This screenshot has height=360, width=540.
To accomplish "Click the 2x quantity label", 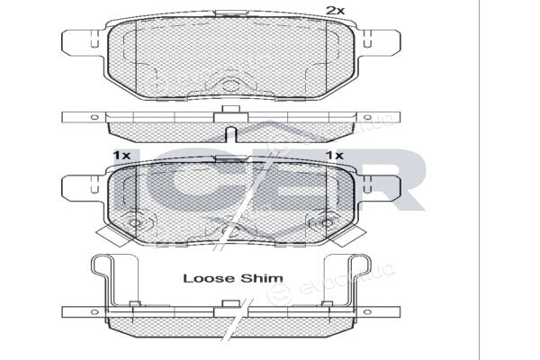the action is click(x=335, y=11).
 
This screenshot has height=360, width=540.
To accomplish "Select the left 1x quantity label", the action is click(x=121, y=156).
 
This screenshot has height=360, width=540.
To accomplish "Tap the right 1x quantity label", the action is click(x=335, y=156).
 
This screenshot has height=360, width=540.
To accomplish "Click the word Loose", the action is click(x=210, y=278).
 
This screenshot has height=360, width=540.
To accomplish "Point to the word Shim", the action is click(x=262, y=278).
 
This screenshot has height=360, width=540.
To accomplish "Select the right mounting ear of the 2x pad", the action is click(x=380, y=42).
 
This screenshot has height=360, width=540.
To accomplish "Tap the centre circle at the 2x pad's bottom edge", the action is click(x=230, y=85).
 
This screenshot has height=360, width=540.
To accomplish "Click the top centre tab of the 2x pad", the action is click(x=230, y=13).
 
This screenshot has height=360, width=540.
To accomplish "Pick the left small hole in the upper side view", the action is click(x=94, y=117).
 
